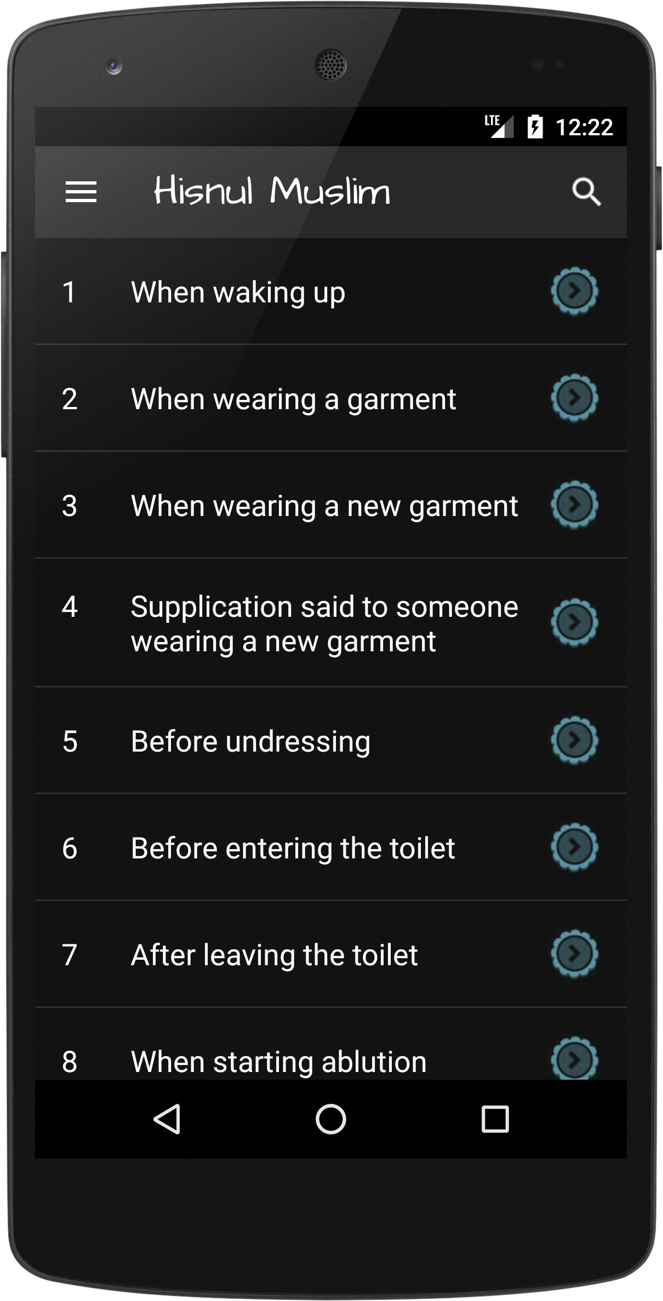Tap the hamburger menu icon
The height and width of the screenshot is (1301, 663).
coord(81,192)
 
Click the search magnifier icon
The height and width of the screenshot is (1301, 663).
coord(586,192)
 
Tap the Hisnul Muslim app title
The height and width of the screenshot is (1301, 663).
coord(272,191)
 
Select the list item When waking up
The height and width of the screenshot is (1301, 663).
coord(238,292)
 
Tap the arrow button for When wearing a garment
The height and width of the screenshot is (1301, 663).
coord(574,398)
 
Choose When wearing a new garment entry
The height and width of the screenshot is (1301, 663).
coord(324,506)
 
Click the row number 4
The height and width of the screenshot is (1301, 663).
coord(70,607)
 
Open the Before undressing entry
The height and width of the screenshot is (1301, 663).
coord(250,742)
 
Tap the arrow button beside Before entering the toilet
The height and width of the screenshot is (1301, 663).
coord(574,847)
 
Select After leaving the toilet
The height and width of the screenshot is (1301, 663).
coord(275,955)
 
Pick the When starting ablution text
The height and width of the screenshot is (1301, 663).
coord(279,1062)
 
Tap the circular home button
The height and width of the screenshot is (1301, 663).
coord(331,1119)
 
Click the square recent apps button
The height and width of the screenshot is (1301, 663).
coord(495,1119)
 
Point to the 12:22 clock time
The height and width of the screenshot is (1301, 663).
coord(584,127)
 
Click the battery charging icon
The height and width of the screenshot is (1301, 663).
coord(535,127)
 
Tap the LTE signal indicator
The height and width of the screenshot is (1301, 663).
coord(499,126)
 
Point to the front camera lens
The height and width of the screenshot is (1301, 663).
coord(114,67)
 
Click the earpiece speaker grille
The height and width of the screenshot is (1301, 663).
coord(330,65)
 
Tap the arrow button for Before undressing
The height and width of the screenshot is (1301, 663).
coord(574,740)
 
